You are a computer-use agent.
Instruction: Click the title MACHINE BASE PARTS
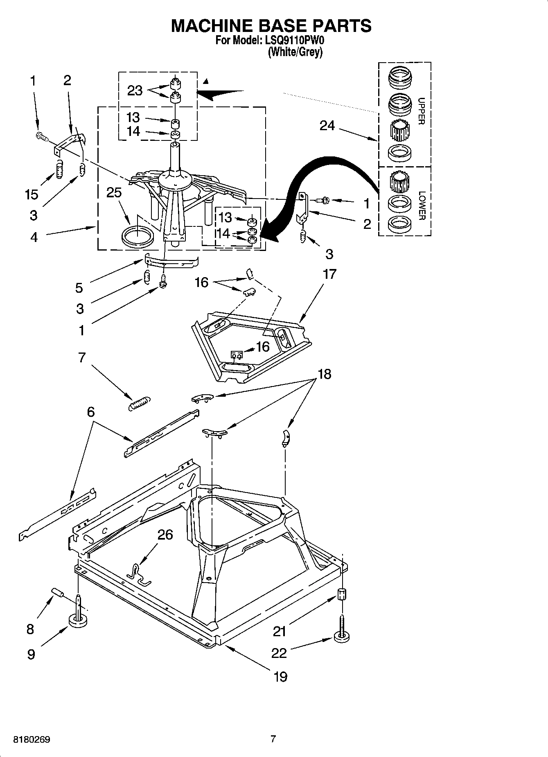tap(271, 25)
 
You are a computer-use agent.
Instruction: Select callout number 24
tap(327, 126)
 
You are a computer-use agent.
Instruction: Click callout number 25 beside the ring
tap(114, 192)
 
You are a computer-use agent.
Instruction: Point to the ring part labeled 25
tap(138, 237)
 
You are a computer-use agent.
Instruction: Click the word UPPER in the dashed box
tap(421, 111)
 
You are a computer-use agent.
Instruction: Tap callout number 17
tap(329, 274)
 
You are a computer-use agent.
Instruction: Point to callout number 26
tap(165, 535)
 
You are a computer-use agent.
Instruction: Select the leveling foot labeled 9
tap(78, 620)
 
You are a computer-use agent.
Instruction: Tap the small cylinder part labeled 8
tap(57, 593)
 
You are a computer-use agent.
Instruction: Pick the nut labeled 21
tap(342, 594)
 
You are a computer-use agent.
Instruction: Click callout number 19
tap(280, 676)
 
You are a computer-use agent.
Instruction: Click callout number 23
tap(135, 90)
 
